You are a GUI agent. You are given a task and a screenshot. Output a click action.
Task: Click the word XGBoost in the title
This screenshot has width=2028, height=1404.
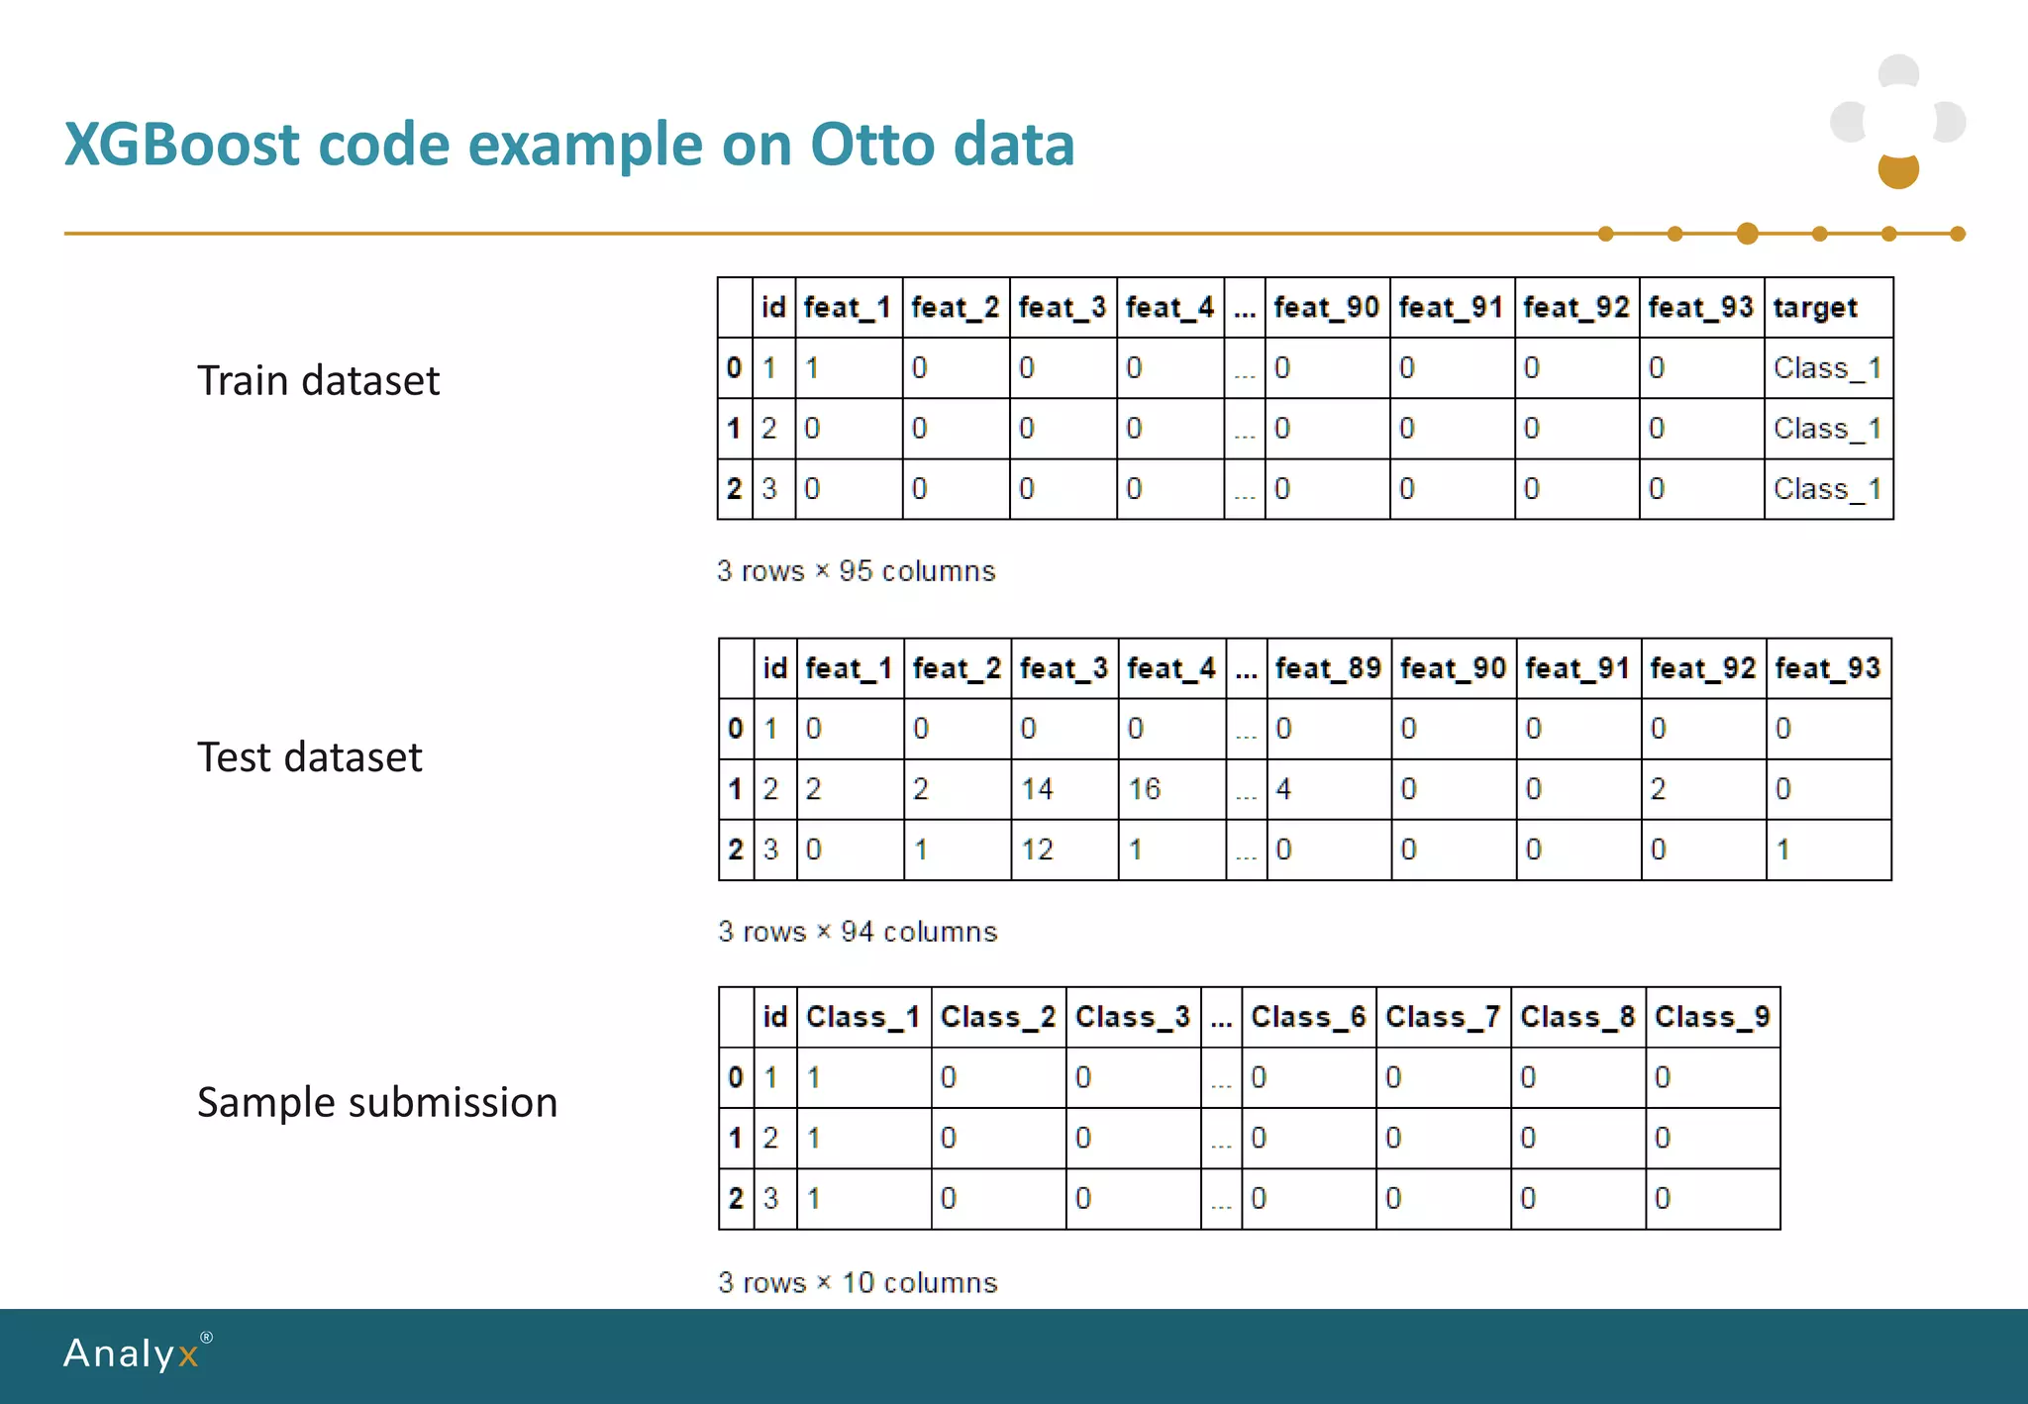click(181, 145)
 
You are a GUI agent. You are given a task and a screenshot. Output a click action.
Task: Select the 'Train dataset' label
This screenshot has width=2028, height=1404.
click(318, 381)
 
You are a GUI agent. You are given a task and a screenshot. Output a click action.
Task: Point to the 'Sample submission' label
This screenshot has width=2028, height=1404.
click(376, 1103)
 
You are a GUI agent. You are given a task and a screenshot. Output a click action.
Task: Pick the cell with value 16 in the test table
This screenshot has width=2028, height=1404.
click(1144, 789)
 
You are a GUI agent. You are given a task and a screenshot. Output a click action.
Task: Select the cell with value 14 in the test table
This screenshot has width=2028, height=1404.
click(1037, 789)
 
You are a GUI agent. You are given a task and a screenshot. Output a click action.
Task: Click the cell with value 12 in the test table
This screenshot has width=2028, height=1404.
click(1037, 850)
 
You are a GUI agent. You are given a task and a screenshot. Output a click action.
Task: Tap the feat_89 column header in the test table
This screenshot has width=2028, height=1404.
click(1327, 669)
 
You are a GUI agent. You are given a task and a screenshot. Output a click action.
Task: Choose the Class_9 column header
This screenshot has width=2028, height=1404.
click(1711, 1017)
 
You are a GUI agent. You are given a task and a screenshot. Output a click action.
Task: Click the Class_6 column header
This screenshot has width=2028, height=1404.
click(1307, 1017)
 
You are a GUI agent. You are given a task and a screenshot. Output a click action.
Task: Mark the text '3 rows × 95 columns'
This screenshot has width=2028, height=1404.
click(856, 571)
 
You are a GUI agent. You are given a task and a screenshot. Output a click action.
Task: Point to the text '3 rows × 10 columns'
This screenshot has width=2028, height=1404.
click(858, 1282)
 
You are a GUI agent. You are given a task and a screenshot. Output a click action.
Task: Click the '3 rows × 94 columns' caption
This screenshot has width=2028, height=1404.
click(858, 932)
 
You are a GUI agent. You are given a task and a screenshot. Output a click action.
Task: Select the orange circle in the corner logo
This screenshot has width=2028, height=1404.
click(1898, 170)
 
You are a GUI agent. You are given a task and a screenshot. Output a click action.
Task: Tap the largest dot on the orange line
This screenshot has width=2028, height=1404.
click(1747, 234)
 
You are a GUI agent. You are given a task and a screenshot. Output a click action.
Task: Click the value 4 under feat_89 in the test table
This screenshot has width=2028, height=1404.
click(1283, 789)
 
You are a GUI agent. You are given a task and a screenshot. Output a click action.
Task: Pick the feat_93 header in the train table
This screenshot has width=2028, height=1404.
click(1700, 308)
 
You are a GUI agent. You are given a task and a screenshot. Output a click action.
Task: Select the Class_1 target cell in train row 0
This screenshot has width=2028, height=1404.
click(1826, 368)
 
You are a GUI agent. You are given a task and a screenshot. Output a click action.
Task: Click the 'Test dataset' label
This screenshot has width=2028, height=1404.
click(309, 757)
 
